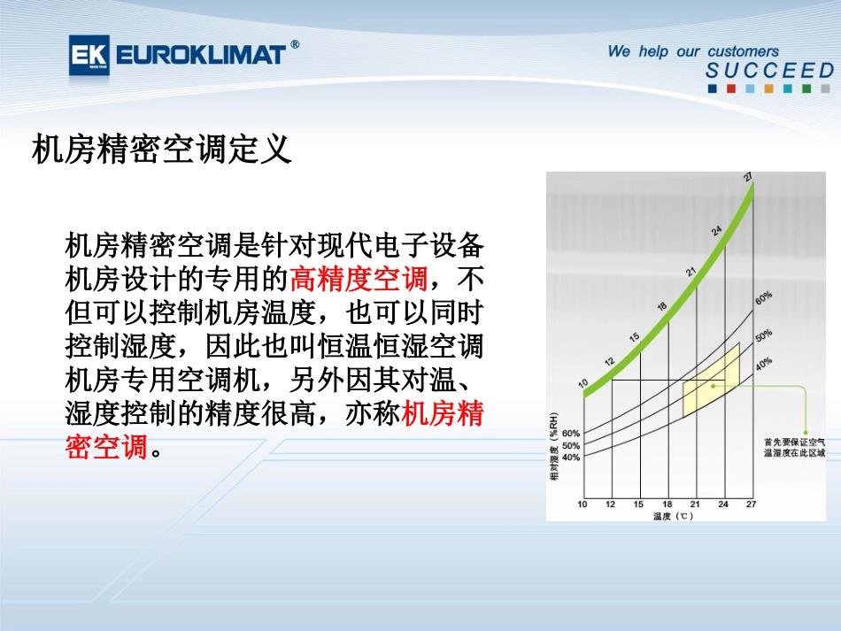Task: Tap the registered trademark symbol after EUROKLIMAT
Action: click(295, 44)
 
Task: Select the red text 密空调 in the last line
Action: click(106, 446)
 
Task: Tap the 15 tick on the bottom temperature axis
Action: click(638, 504)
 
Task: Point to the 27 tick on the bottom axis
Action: click(751, 504)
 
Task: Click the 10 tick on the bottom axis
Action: click(583, 504)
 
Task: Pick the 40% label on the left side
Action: click(571, 458)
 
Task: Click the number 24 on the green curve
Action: click(717, 231)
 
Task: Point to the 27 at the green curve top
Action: click(749, 177)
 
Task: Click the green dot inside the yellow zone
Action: click(714, 385)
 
